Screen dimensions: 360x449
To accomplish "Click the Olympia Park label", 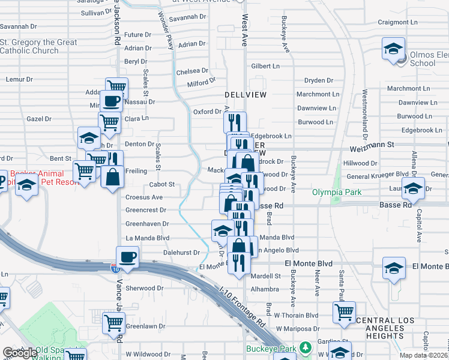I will [336, 192].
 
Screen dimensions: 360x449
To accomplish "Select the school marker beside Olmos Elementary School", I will [393, 49].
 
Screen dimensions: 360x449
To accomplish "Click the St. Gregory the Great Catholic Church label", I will [38, 47].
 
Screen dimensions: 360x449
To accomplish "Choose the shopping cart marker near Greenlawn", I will [113, 323].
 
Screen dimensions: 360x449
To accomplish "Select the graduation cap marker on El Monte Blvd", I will [394, 268].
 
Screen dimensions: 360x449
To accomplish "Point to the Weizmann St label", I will [372, 145].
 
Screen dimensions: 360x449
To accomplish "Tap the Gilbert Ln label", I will [266, 66].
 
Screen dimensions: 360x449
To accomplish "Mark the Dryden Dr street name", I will [319, 80].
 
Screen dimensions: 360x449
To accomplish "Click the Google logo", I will [19, 353].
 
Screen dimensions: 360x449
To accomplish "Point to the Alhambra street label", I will [265, 289].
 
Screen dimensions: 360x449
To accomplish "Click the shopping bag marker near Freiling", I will [112, 178].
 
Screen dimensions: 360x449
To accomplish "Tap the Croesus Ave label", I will [144, 197].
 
